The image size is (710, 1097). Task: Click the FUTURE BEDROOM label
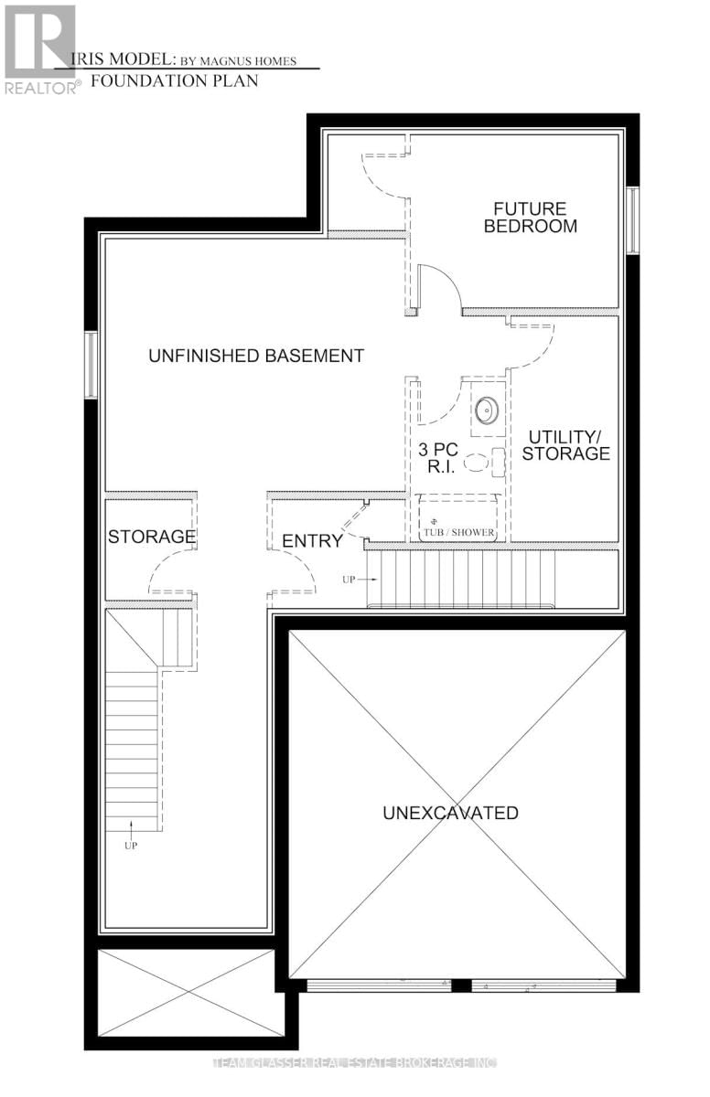(531, 218)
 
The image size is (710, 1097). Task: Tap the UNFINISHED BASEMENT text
(256, 356)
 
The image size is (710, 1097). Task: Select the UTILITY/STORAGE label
(565, 445)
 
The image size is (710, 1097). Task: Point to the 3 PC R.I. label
(436, 457)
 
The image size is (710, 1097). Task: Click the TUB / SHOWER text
(458, 532)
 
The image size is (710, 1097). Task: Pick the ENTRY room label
(312, 541)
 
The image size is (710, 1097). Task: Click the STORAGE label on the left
(152, 537)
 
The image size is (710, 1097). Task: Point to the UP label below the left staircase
(131, 846)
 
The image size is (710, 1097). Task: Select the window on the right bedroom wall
(631, 219)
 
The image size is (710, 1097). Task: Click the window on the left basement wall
(91, 365)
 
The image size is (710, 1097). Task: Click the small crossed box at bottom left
(186, 992)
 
